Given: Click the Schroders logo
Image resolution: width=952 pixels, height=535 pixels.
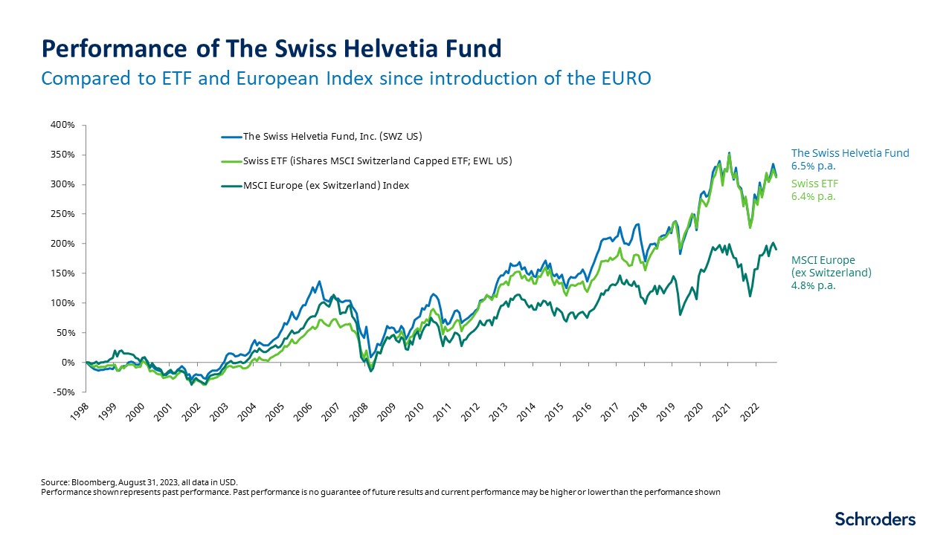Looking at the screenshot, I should tap(875, 519).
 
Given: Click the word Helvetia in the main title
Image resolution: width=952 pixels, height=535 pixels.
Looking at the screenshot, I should tap(379, 48).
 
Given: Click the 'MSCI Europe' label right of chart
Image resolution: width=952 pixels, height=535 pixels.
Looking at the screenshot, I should tap(823, 260).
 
